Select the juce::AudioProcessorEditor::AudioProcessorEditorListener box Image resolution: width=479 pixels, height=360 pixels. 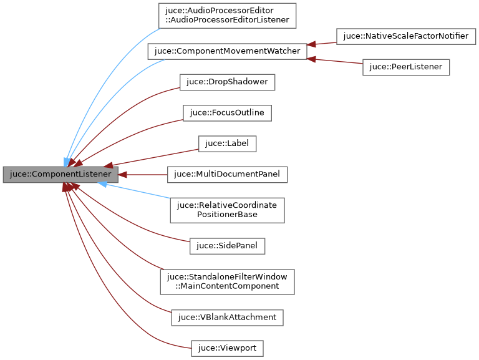click(227, 16)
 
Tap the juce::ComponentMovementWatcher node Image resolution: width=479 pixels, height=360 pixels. click(227, 51)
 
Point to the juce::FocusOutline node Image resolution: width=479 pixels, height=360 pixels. click(227, 113)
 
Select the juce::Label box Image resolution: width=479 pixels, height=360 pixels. click(228, 144)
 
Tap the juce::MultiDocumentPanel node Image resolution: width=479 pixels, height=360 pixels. click(228, 175)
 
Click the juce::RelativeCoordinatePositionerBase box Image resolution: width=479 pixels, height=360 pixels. click(227, 210)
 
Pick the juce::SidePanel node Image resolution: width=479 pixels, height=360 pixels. click(228, 246)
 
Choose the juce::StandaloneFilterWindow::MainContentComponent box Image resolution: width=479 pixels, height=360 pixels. click(227, 281)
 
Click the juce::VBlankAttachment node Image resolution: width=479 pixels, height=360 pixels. click(227, 317)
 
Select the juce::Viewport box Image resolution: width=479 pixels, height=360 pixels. click(227, 348)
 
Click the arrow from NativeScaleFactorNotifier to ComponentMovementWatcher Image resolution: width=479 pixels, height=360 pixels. click(321, 43)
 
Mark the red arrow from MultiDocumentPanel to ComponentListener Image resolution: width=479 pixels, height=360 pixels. click(143, 175)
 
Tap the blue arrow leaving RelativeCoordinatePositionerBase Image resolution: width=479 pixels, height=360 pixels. click(137, 191)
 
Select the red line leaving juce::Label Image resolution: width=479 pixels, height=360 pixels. click(156, 157)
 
